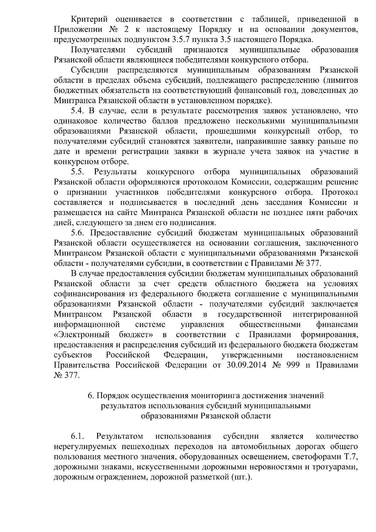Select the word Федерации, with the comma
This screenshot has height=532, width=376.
click(185, 355)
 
